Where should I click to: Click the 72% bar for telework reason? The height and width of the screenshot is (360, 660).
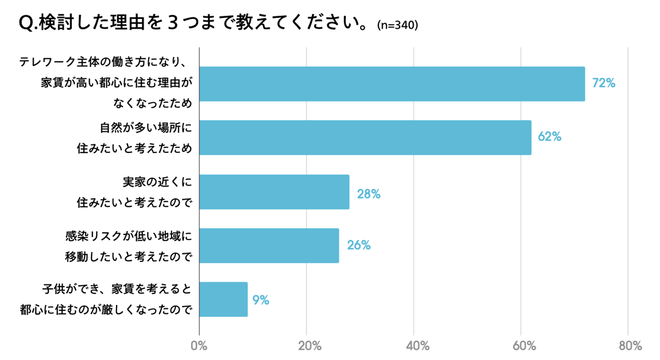tap(392, 84)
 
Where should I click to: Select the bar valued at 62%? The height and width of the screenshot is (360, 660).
tap(365, 138)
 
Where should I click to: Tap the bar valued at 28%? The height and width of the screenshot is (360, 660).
tap(274, 192)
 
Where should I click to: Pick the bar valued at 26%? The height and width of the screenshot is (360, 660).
tap(269, 245)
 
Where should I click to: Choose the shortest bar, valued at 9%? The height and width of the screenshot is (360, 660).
tap(224, 299)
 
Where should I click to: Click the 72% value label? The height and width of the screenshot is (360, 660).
tap(603, 83)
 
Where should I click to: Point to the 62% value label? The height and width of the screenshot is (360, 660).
tap(550, 137)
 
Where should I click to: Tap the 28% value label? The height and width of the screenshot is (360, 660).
tap(369, 194)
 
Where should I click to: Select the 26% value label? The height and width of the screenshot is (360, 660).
tap(358, 245)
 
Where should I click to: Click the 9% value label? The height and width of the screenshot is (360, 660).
tap(260, 300)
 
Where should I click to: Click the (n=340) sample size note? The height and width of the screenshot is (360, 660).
tap(397, 26)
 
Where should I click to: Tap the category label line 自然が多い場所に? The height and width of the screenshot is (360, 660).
tap(144, 127)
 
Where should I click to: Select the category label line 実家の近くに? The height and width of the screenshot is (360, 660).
tap(156, 182)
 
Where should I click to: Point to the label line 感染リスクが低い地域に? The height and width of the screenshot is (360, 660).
tap(128, 236)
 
